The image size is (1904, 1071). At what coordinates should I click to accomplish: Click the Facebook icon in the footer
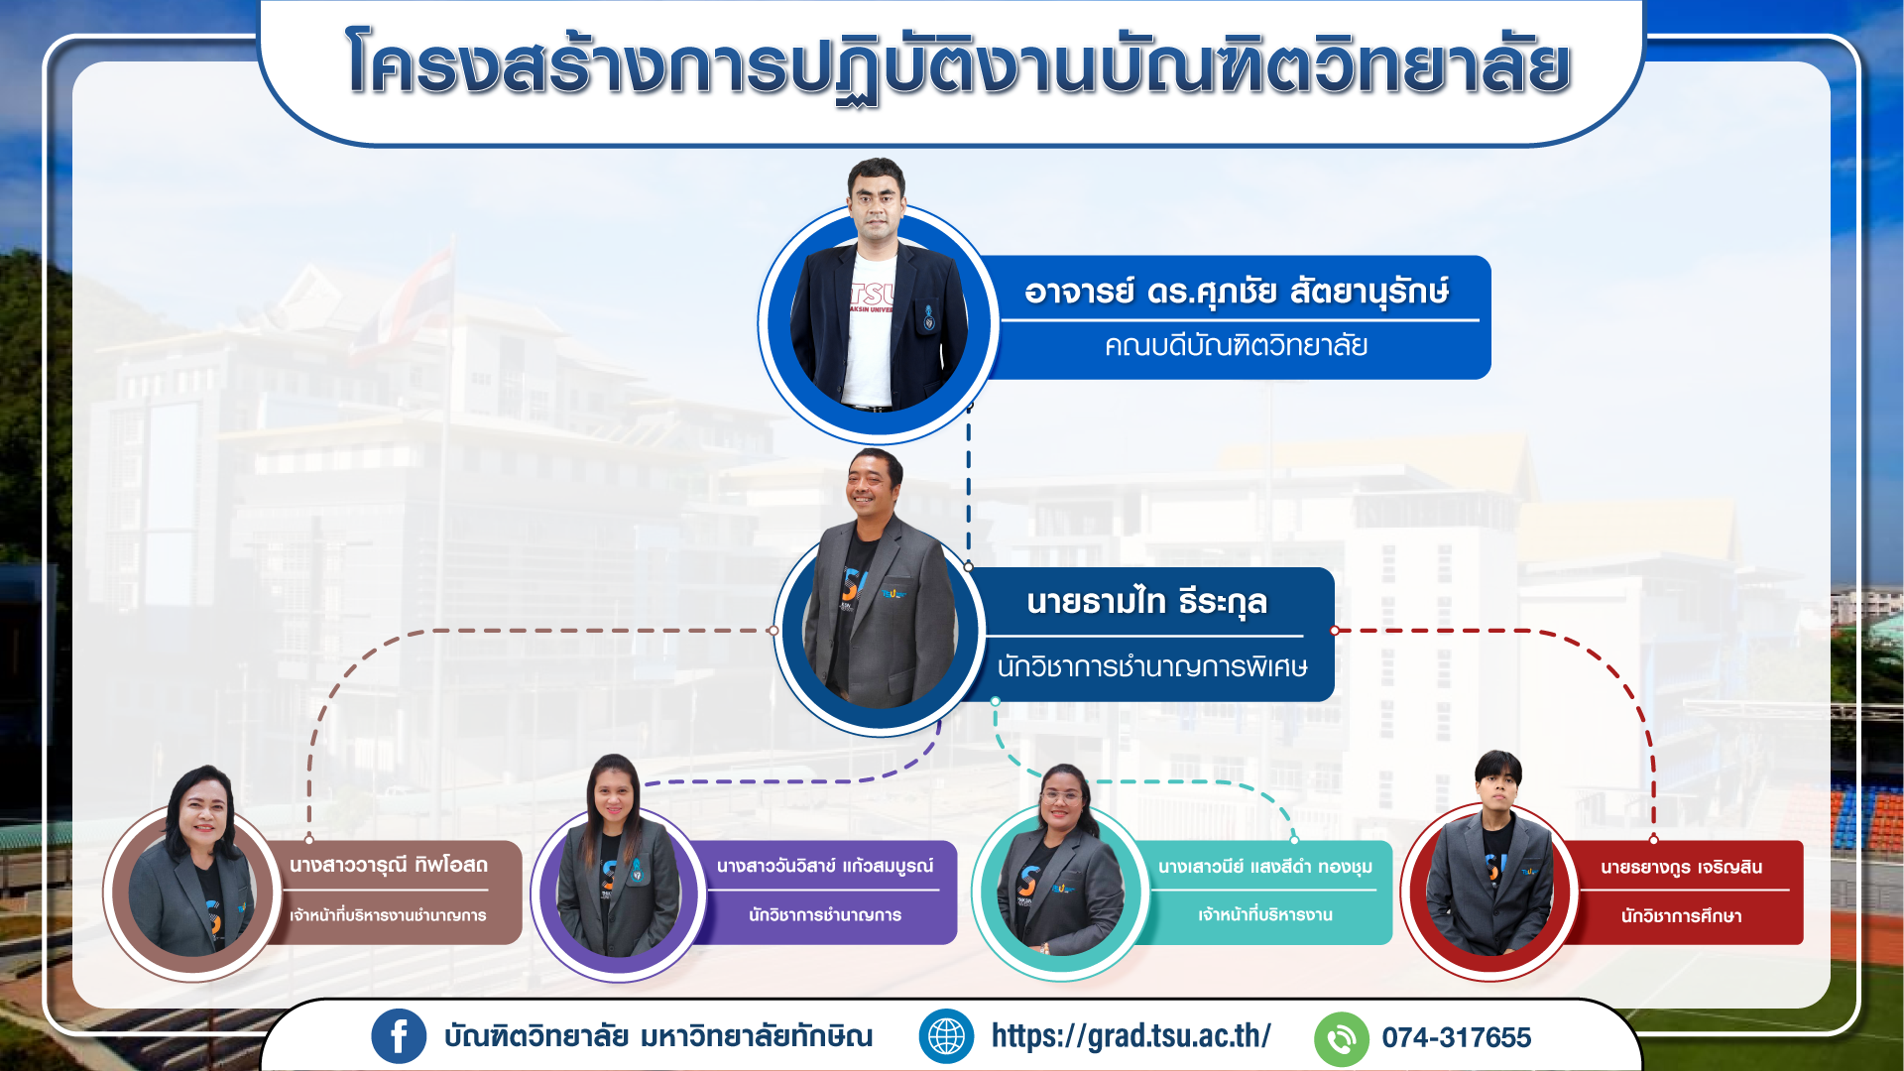coord(399,1037)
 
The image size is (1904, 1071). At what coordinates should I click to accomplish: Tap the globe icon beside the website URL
coord(946,1037)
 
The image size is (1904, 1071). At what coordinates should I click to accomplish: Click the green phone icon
coord(1341,1038)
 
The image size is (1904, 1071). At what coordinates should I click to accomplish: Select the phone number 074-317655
coord(1457,1038)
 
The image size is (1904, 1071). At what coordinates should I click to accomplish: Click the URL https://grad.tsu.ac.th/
coord(1131,1036)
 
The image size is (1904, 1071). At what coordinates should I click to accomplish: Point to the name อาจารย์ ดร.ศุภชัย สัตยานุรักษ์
coord(1237,292)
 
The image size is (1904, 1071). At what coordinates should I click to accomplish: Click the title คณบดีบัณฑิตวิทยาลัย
coord(1237,346)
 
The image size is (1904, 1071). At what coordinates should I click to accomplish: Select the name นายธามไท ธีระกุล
coord(1147,602)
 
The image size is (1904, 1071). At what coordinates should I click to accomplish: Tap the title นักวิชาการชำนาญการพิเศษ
coord(1152,666)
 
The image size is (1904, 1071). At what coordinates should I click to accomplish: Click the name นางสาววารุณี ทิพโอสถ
coord(389,865)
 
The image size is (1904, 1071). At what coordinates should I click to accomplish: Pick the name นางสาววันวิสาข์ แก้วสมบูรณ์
coord(825,866)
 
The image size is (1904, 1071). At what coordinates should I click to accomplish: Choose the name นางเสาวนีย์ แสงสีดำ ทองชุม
coord(1265,867)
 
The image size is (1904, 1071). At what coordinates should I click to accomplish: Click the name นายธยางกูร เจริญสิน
coord(1682,868)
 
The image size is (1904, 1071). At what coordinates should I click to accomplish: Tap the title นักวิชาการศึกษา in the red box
coord(1682,916)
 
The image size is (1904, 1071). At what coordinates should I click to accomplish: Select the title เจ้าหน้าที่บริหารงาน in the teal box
coord(1265,914)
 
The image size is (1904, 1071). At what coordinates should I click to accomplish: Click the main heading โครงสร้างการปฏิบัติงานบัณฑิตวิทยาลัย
coord(958,65)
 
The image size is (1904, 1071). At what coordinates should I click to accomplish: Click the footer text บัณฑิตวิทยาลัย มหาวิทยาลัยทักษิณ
coord(658,1037)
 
